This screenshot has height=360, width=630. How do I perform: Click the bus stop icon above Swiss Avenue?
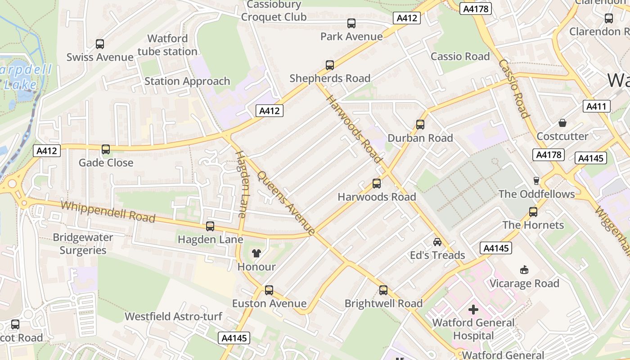coord(100,44)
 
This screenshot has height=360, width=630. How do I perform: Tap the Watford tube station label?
coord(167,45)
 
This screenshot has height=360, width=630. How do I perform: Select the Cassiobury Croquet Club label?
coord(274,11)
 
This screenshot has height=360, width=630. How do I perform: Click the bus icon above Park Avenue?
coord(351,23)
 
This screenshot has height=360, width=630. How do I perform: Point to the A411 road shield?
coord(597,106)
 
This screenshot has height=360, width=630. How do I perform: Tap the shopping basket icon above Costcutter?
coord(562,123)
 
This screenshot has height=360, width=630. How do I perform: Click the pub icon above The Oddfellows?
coord(536,180)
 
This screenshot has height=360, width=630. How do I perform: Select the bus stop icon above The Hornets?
coord(533,211)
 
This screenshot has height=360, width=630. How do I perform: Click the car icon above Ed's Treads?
coord(437,242)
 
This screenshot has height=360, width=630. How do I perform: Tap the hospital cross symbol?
coord(473,310)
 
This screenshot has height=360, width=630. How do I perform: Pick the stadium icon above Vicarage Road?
coord(524,270)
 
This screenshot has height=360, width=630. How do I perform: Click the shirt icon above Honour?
coord(256,253)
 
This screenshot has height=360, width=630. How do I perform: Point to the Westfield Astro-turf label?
coord(173,316)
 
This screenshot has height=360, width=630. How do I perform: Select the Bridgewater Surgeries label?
coord(83,243)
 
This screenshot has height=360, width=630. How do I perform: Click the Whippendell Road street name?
coord(108,212)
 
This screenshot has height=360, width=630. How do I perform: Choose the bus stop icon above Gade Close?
coord(106,149)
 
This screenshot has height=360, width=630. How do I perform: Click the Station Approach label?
coord(187,81)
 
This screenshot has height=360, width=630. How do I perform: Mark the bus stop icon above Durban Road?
coord(420,125)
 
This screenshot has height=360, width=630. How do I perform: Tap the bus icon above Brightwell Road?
coord(383,290)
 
